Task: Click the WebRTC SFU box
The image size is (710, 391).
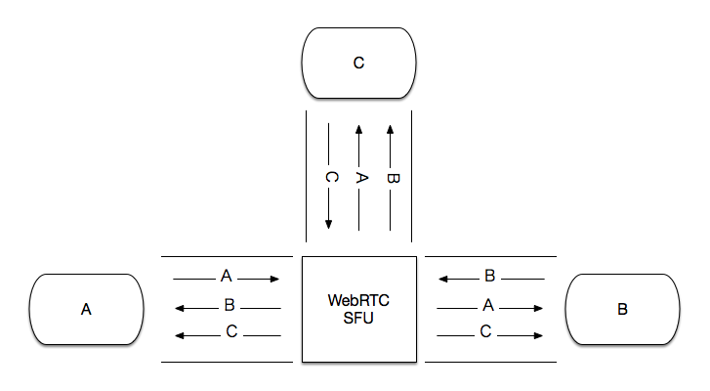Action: coord(359,309)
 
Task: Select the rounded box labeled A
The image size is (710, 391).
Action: coord(87,309)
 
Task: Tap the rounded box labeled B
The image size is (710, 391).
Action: coord(622,309)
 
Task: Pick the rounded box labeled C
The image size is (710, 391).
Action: coord(358,64)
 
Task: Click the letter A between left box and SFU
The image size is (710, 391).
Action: coord(227,277)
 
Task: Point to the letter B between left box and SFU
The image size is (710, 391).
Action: coord(229,305)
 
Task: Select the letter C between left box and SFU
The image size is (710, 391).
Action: coord(230,332)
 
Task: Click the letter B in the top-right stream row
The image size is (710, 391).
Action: coord(490,278)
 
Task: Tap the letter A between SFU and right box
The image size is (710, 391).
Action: coord(488,306)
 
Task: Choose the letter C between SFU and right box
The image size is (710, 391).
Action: coord(485,333)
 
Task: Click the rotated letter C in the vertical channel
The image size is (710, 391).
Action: coord(330,178)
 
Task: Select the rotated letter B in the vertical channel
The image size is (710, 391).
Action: coord(392,178)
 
